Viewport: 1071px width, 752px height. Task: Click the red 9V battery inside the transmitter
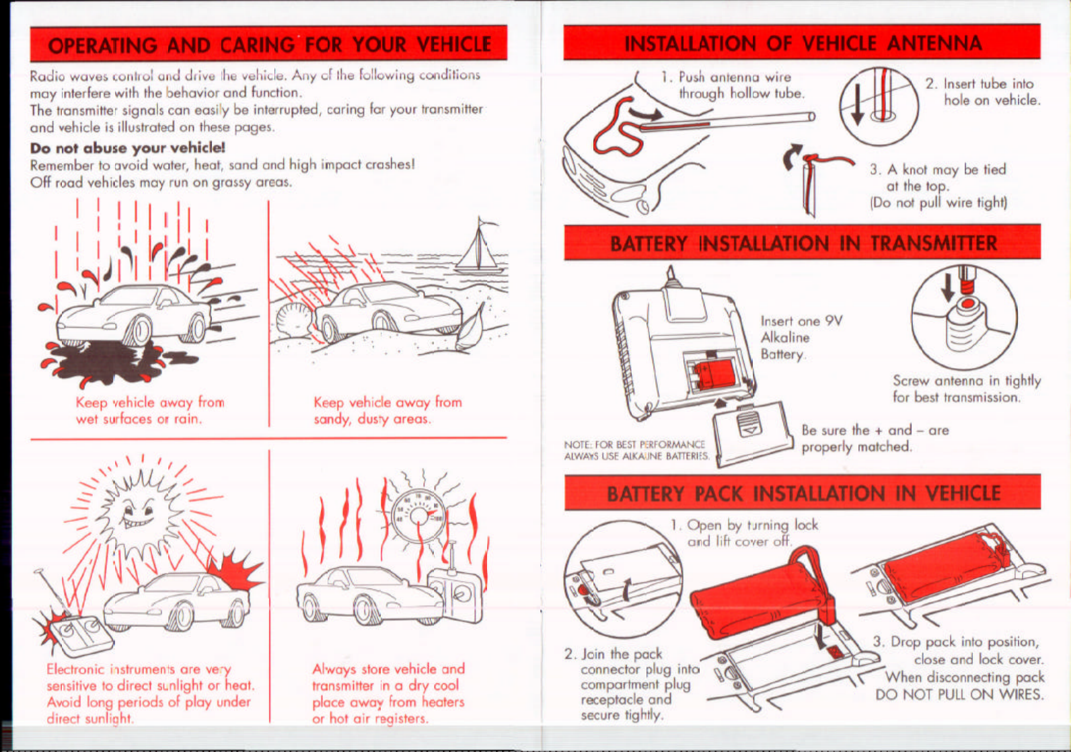(x=714, y=373)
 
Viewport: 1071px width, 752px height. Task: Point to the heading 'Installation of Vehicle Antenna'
(x=802, y=44)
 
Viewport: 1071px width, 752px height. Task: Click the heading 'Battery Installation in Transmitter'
(x=803, y=243)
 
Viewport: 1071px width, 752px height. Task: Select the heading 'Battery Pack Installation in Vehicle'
(x=803, y=493)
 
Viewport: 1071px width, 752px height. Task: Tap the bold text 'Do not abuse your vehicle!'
(x=127, y=147)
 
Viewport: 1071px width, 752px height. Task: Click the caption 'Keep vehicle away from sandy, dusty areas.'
(x=387, y=410)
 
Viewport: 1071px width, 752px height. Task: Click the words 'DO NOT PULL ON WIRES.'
(x=959, y=694)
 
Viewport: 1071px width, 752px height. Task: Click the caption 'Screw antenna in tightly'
(x=966, y=381)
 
